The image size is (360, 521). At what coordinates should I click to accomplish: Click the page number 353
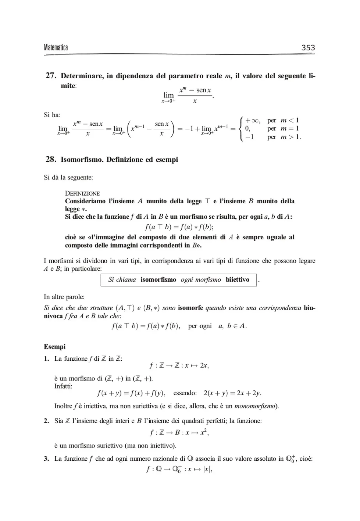[308, 47]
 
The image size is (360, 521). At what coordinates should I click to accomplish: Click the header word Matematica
[56, 48]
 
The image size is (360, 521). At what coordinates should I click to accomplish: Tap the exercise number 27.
[51, 76]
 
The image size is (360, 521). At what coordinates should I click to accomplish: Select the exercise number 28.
[51, 160]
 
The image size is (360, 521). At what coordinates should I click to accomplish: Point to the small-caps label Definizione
[82, 193]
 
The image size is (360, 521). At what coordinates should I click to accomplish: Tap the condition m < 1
[289, 120]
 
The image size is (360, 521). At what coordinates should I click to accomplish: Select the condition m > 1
[290, 137]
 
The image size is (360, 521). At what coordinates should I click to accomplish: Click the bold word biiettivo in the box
[238, 280]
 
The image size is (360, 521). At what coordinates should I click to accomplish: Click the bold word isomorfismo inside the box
[158, 280]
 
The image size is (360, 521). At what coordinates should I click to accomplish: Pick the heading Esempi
[54, 347]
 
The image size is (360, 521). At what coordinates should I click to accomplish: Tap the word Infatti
[63, 386]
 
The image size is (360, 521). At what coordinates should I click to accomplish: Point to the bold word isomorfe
[190, 308]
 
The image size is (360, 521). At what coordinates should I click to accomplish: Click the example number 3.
[46, 459]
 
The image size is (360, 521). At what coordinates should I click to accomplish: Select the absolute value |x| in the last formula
[208, 470]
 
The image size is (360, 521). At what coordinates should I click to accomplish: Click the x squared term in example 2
[204, 432]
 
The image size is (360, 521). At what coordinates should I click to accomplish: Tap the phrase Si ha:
[52, 115]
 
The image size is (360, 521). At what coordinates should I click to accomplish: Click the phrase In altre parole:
[64, 297]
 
